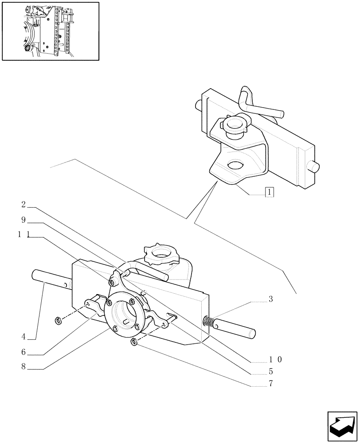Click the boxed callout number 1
270,192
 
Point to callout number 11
23,235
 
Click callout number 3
270,299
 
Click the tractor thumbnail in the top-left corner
50,31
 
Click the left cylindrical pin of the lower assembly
47,280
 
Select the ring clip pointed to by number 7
133,342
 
